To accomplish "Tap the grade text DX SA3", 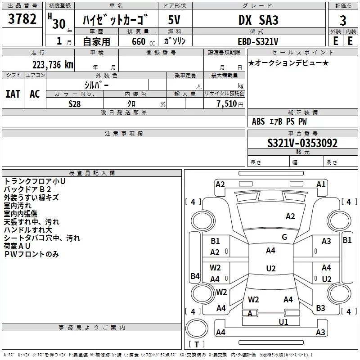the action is click(x=258, y=20).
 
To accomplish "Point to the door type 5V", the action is click(x=175, y=20).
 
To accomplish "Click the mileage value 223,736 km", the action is click(x=53, y=64).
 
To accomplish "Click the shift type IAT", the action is click(x=13, y=94).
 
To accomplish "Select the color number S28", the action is click(x=75, y=104).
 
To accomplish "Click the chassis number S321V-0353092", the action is click(x=302, y=143).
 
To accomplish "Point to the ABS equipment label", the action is click(x=258, y=121).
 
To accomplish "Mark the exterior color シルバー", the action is click(x=96, y=84).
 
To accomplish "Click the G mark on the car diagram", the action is click(x=284, y=237).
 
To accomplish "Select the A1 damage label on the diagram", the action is click(x=321, y=184).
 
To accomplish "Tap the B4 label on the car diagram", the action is click(x=195, y=276).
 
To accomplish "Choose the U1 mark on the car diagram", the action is click(x=283, y=322).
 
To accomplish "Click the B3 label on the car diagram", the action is click(x=320, y=308).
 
